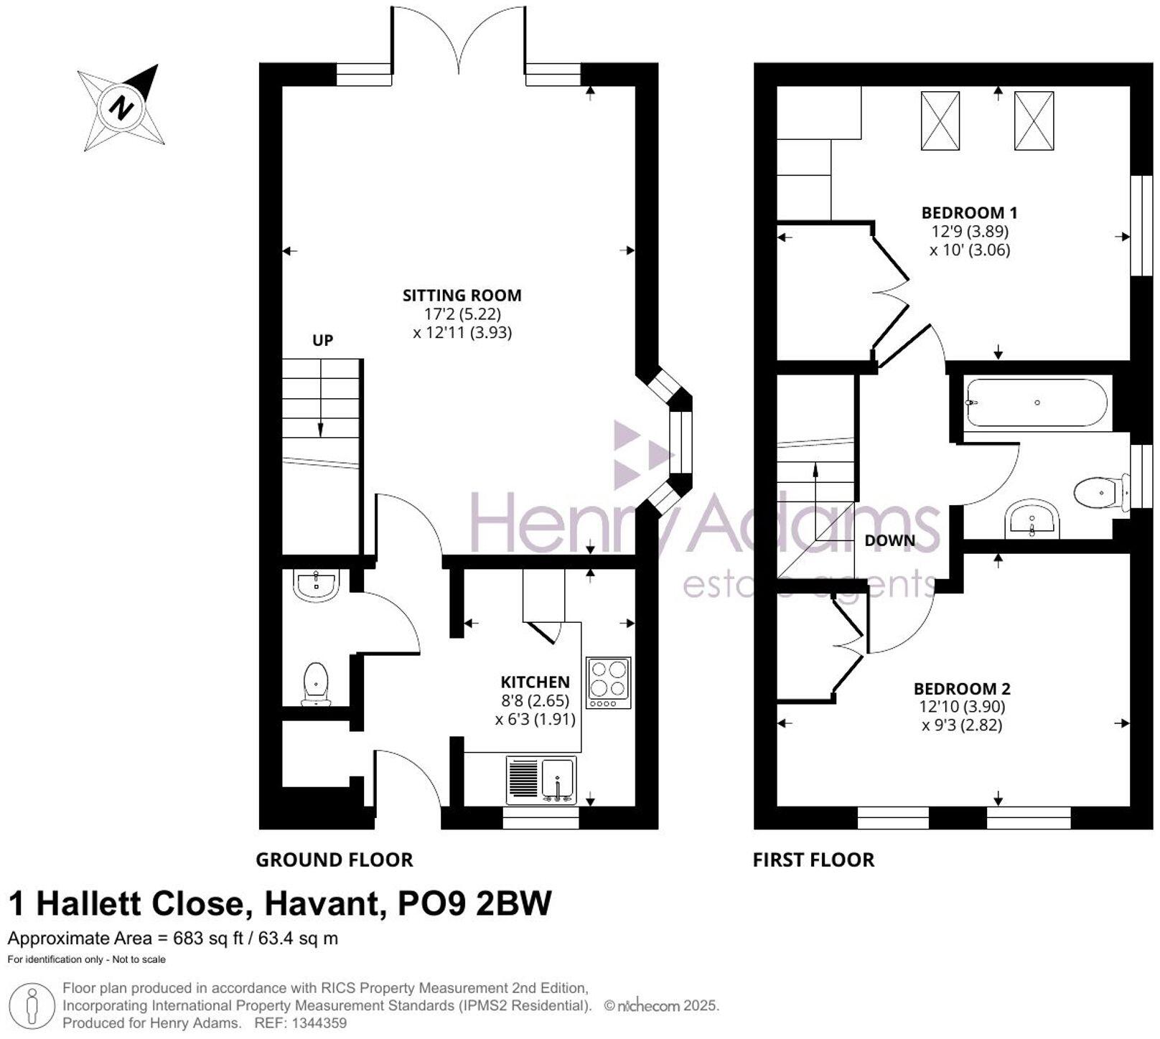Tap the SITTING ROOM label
pyautogui.click(x=462, y=295)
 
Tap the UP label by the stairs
pyautogui.click(x=322, y=340)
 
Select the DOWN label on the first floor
pyautogui.click(x=889, y=540)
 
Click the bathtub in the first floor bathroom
pyautogui.click(x=1037, y=403)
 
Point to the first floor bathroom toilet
pyautogui.click(x=1098, y=492)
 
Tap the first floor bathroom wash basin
pyautogui.click(x=1032, y=520)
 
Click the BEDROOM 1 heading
pyautogui.click(x=969, y=212)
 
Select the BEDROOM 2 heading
pyautogui.click(x=962, y=689)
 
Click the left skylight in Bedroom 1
pyautogui.click(x=940, y=121)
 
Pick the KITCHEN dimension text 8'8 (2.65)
pyautogui.click(x=535, y=700)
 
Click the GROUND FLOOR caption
pyautogui.click(x=335, y=860)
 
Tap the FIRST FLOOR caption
pyautogui.click(x=813, y=860)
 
